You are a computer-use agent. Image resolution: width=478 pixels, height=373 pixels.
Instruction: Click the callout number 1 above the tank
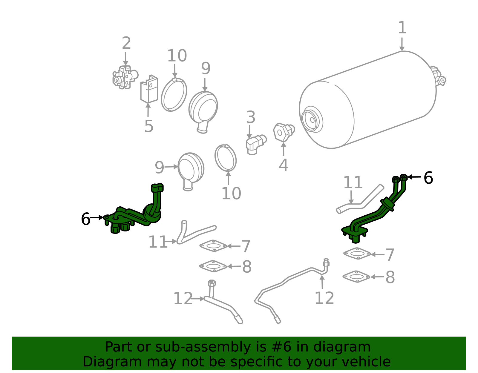click(x=402, y=28)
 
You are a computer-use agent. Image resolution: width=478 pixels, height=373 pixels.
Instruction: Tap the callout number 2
click(x=126, y=43)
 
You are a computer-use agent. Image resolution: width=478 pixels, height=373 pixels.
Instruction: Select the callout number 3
click(x=251, y=117)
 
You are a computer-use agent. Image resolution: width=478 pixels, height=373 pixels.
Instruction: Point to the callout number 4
click(x=284, y=165)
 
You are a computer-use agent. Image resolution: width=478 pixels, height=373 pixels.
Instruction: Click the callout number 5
click(x=149, y=126)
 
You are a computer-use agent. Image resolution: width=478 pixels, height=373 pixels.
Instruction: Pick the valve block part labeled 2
click(x=125, y=77)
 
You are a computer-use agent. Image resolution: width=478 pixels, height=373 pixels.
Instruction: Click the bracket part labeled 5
click(x=149, y=89)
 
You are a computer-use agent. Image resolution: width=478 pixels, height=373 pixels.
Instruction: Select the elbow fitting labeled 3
click(x=256, y=145)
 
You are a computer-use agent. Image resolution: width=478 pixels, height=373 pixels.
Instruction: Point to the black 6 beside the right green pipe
click(x=428, y=178)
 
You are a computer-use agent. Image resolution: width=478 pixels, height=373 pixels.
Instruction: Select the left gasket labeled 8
click(x=213, y=266)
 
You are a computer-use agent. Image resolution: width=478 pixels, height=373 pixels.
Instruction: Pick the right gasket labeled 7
click(x=357, y=254)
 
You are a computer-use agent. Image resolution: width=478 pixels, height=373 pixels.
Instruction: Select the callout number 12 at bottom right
click(x=324, y=298)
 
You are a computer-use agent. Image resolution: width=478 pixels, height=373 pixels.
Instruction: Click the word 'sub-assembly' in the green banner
click(x=203, y=347)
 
